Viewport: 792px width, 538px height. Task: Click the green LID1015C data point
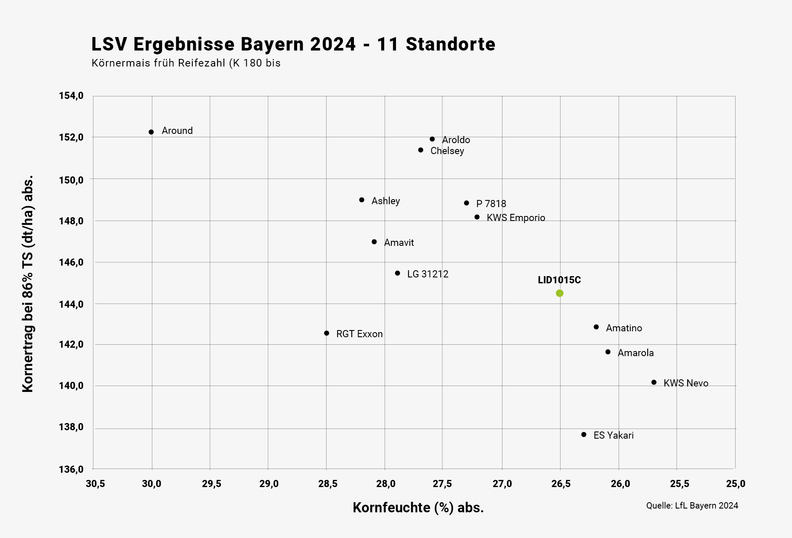[x=559, y=293]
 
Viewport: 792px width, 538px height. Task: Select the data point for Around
[x=151, y=132]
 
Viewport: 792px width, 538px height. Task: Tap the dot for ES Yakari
[x=584, y=434]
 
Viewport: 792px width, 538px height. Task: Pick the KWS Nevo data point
[x=654, y=382]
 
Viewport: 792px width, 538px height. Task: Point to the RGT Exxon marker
[x=327, y=333]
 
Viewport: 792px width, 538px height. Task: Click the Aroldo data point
[x=432, y=139]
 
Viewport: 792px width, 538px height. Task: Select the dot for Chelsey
[x=421, y=150]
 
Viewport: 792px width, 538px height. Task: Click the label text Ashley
[x=385, y=201]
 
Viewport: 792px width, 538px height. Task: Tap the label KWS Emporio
[x=516, y=218]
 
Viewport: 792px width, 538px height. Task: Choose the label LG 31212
[x=428, y=274]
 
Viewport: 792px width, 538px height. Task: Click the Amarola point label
[x=635, y=353]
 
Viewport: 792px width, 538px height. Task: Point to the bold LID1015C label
[x=559, y=280]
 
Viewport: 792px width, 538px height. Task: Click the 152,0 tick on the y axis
[x=71, y=137]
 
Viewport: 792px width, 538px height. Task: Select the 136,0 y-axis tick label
[x=71, y=469]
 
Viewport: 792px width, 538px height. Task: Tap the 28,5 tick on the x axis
[x=327, y=484]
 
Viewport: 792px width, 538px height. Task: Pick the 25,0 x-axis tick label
[x=736, y=484]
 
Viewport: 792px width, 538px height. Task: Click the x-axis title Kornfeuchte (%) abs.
[x=418, y=508]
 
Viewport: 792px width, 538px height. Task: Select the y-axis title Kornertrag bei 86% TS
[x=28, y=284]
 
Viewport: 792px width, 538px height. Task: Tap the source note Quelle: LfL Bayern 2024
[x=692, y=506]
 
